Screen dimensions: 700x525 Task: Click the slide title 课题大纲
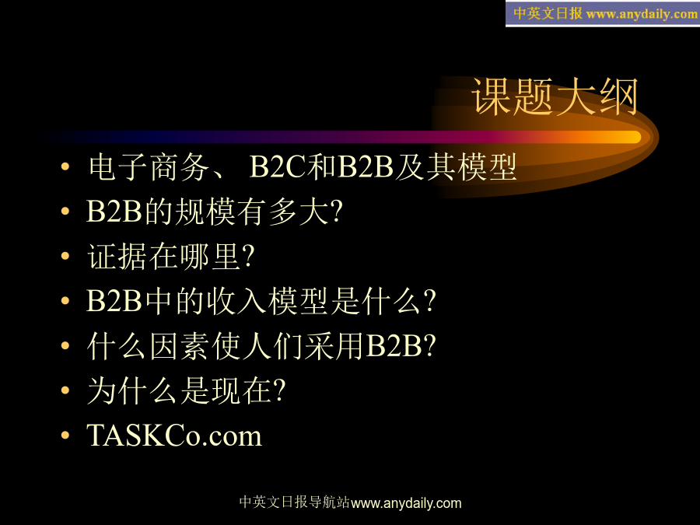click(555, 96)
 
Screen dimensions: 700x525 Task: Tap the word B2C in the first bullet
click(278, 167)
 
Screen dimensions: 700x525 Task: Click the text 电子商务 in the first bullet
click(149, 167)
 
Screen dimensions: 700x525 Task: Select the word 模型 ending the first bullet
click(487, 167)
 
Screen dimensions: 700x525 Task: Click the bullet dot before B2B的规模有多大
click(65, 211)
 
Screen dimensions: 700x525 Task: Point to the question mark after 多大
click(337, 211)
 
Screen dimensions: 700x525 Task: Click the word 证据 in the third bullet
click(117, 257)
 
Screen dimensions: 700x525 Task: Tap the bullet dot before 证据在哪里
click(65, 256)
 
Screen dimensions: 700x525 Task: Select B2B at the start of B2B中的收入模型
click(114, 301)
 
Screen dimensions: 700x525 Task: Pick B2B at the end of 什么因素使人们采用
click(394, 346)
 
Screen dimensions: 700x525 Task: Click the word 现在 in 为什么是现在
click(240, 391)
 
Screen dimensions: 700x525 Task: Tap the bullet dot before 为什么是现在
click(65, 390)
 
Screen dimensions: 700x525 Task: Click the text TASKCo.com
click(174, 436)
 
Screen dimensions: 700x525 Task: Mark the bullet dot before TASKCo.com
click(65, 436)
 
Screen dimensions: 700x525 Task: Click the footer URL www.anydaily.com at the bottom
click(406, 503)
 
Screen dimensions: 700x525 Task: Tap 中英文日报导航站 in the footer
click(295, 502)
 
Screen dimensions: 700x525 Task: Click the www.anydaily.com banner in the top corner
click(603, 13)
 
